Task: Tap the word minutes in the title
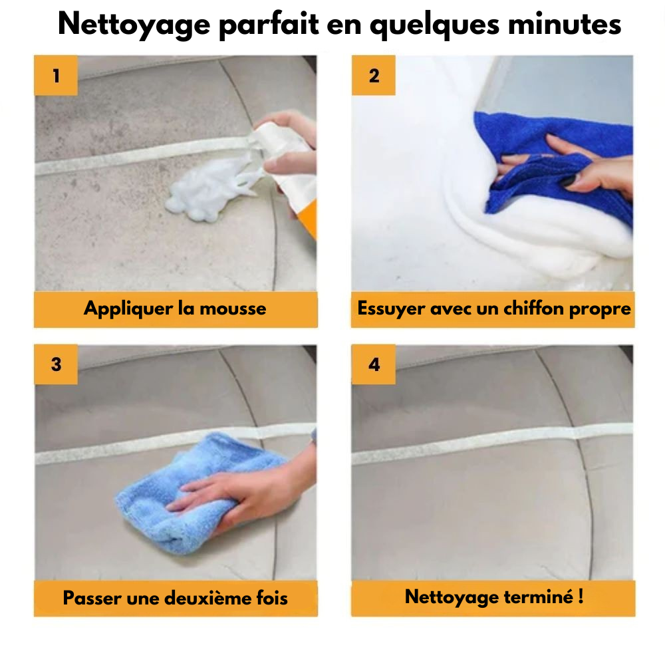[x=564, y=24]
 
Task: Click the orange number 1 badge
[x=56, y=76]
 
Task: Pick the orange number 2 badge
[x=373, y=76]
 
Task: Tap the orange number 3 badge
[x=56, y=364]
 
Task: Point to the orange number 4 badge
[x=373, y=364]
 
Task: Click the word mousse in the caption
[x=233, y=309]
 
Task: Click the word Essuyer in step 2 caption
[x=391, y=309]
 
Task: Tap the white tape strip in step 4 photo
[x=492, y=446]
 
